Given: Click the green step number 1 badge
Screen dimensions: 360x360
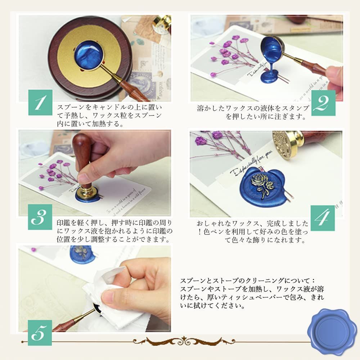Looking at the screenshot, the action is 40,103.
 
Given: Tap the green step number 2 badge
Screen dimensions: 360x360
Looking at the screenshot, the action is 323,103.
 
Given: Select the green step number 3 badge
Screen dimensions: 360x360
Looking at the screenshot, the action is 40,217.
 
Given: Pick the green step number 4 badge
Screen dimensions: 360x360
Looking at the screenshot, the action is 323,218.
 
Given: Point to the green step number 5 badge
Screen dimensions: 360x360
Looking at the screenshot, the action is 40,333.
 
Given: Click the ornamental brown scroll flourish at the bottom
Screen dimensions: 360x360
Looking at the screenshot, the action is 184,341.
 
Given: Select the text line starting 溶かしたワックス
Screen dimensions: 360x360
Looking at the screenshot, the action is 253,108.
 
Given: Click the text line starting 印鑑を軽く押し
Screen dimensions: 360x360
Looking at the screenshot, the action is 114,223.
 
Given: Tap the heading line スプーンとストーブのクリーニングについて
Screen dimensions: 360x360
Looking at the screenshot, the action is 248,281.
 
